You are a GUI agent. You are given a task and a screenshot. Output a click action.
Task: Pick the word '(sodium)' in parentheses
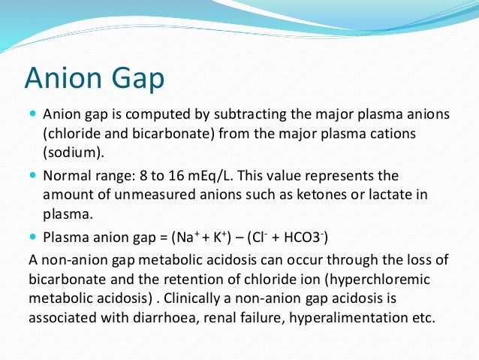coord(69,151)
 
